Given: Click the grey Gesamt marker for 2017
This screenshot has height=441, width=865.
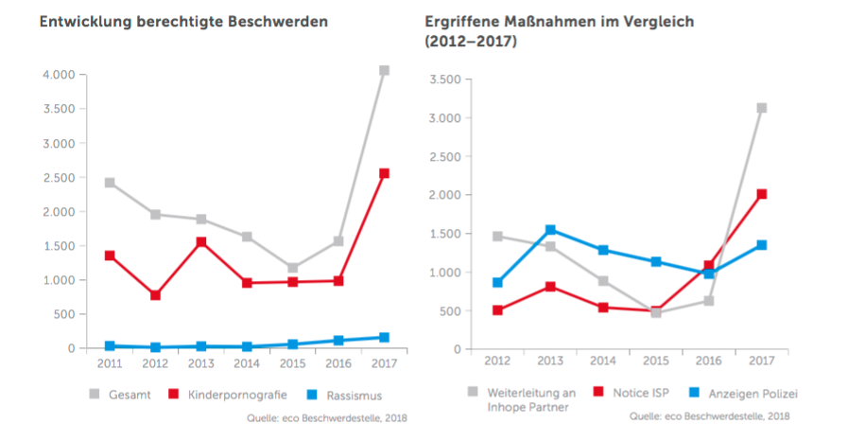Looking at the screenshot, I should tap(384, 70).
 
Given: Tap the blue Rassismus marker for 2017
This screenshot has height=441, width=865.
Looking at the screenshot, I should tap(384, 337).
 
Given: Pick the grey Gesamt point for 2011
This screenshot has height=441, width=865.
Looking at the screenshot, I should tap(111, 183).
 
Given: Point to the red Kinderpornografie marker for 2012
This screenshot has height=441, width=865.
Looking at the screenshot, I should tap(155, 295).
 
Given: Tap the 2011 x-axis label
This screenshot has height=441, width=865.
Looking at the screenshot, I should tap(110, 364).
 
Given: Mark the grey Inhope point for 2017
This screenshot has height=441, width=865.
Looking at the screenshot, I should tap(761, 108).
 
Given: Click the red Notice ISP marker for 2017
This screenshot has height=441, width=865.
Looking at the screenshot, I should tap(761, 194).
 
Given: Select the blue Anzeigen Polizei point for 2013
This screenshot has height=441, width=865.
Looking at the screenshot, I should tap(550, 230).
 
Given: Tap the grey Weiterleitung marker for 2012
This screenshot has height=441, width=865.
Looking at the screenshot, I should tap(497, 237).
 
